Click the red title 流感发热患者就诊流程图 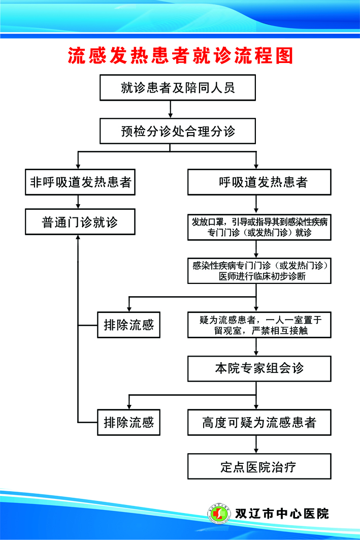coord(180,56)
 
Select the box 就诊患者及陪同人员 coord(178,88)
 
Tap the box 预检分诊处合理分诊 coord(178,132)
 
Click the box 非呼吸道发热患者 coord(80,182)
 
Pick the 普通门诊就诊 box coord(80,223)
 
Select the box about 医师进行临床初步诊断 coord(259,271)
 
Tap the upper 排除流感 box coord(128,325)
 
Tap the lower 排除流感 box coord(128,422)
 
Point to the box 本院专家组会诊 coord(259,368)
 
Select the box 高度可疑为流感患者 coord(259,422)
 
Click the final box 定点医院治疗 coord(259,466)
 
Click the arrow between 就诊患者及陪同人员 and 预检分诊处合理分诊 coord(171,109)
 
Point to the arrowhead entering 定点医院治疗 coord(256,450)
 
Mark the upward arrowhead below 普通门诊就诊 coord(78,239)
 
